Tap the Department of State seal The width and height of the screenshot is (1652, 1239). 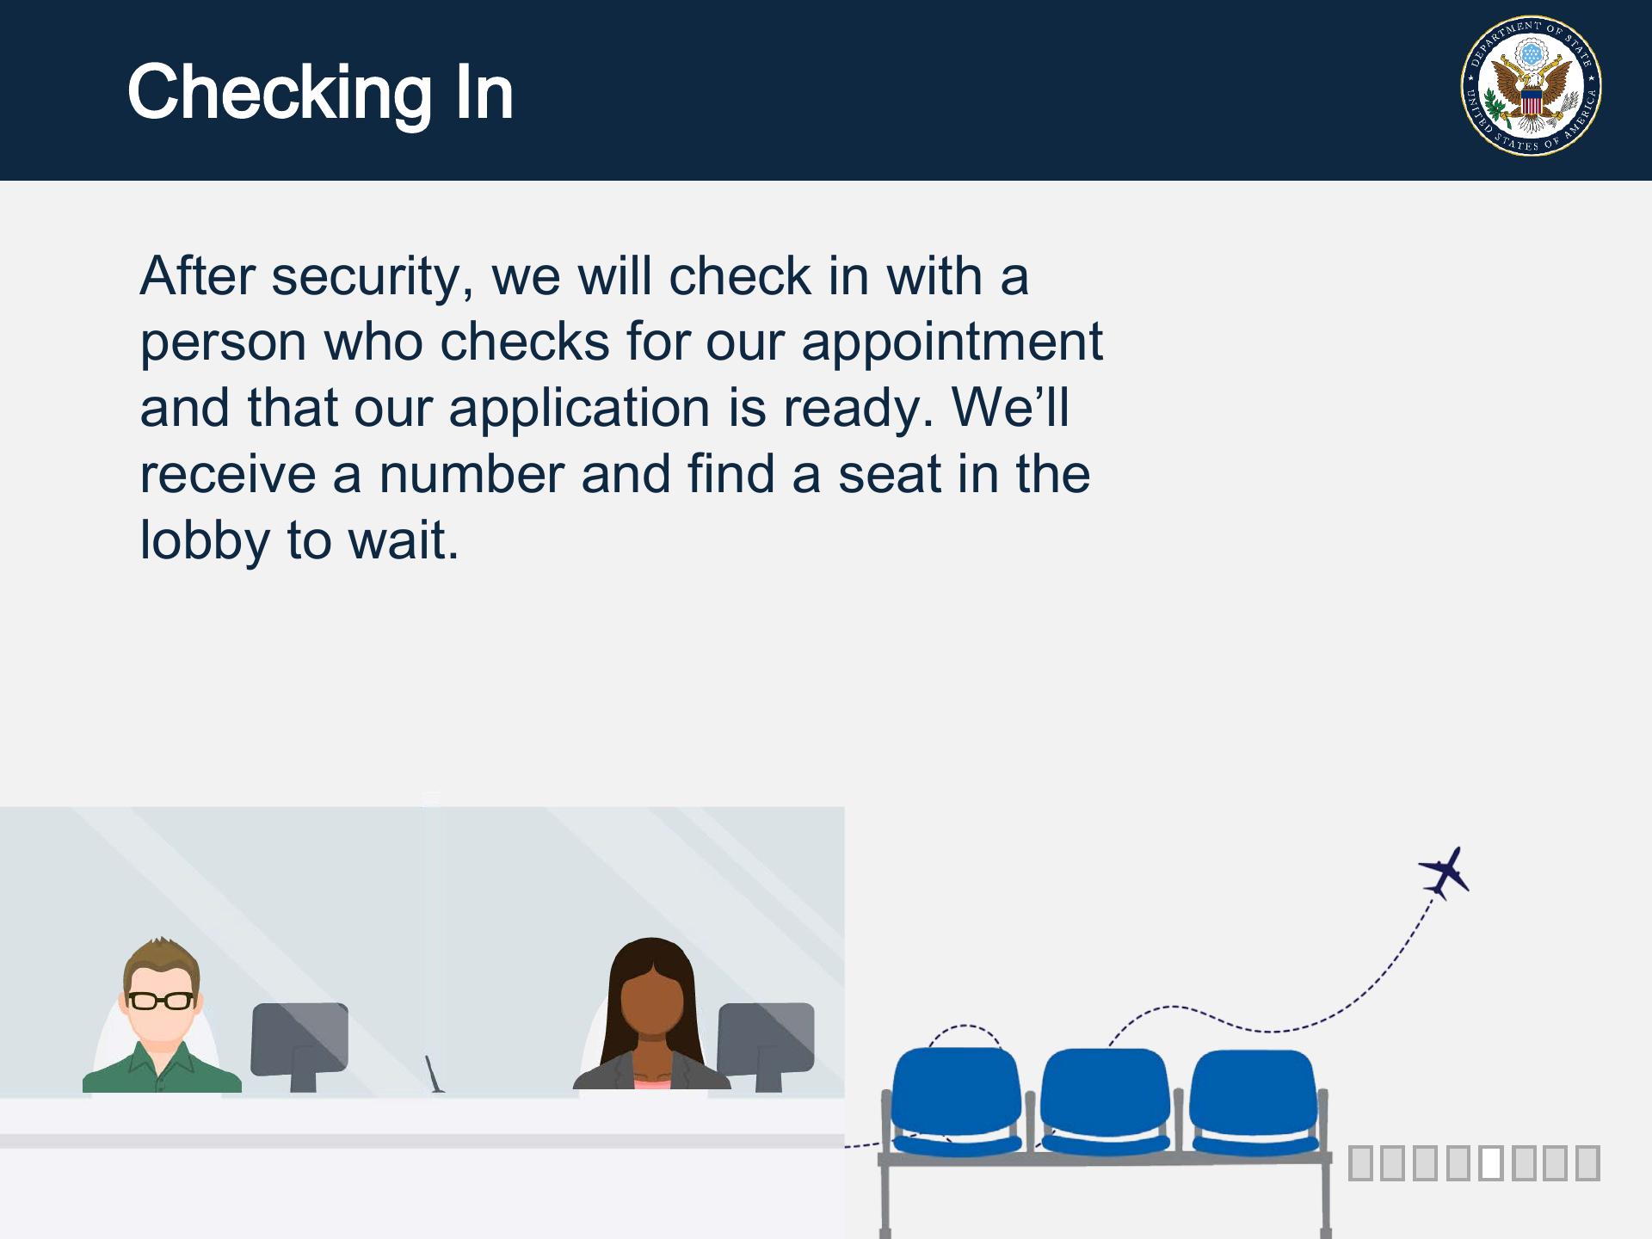point(1532,86)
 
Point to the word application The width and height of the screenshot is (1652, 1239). point(580,410)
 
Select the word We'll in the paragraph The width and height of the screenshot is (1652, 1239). point(1011,407)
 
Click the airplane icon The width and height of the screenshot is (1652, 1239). point(1445,873)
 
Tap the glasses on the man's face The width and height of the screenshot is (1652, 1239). point(161,1001)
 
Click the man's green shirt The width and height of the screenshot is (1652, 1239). point(162,1067)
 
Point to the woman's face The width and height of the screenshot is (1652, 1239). point(652,1003)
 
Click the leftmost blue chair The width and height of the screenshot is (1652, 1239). point(956,1100)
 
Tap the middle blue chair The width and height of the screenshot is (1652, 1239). point(1106,1101)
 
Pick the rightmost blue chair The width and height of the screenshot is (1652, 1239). point(1254,1102)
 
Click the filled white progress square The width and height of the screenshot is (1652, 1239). point(1491,1163)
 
